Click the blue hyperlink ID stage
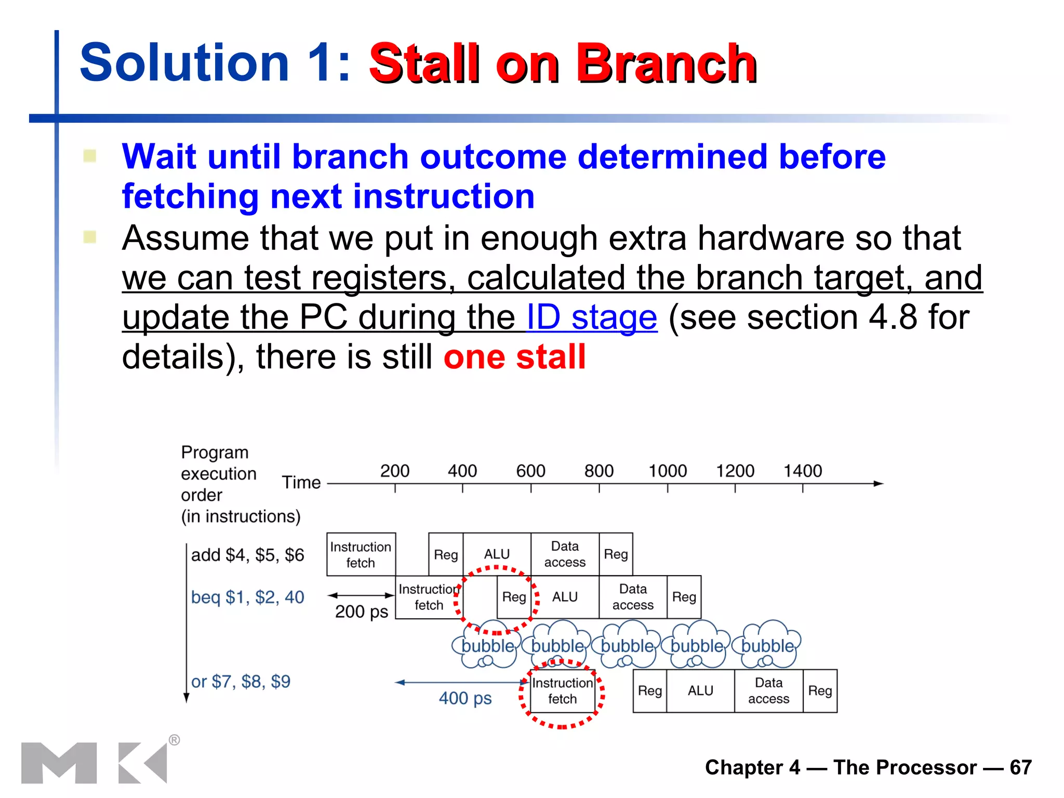coord(592,317)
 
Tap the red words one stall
coord(514,357)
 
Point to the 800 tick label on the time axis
coord(598,471)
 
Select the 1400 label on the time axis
coord(802,471)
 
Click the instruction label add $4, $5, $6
coord(247,555)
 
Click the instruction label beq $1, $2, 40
coord(247,597)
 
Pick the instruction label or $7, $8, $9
coord(241,681)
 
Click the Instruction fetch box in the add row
coord(361,554)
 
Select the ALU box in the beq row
coord(565,597)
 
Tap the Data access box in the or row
coord(768,690)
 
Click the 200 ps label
coord(362,611)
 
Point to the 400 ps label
coord(465,698)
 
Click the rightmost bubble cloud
coord(767,645)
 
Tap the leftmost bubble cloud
coord(487,645)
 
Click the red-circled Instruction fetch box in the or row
coord(562,691)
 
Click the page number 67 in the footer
coord(1020,767)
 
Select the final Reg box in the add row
coord(616,554)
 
